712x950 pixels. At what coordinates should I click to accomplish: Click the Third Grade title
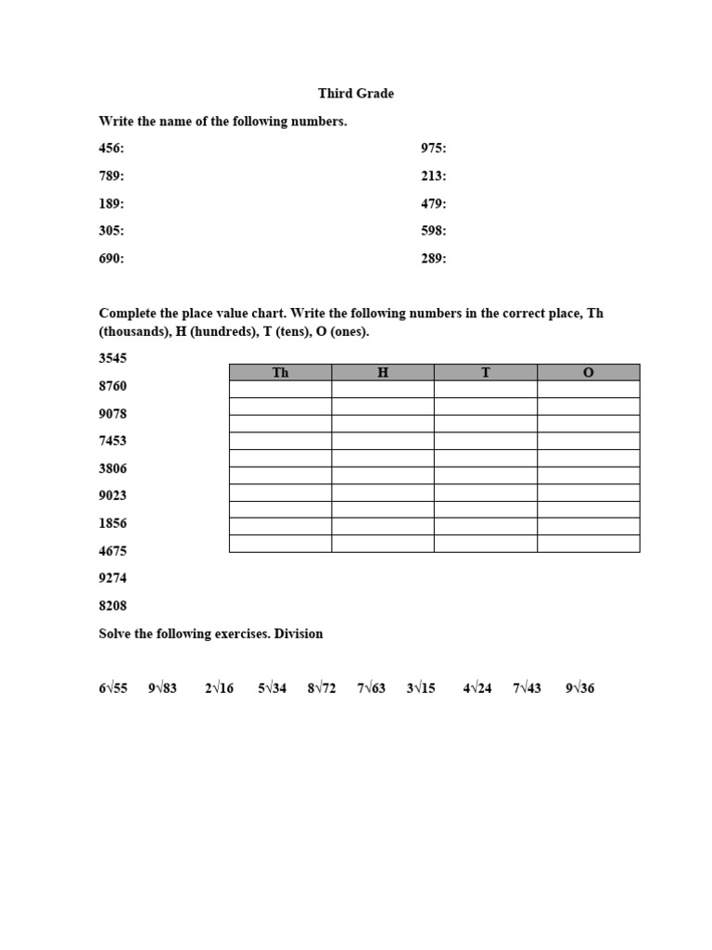(356, 94)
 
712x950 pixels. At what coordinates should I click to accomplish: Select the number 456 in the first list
(110, 148)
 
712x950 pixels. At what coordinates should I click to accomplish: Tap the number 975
(433, 148)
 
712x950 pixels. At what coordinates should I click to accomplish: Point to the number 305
(110, 231)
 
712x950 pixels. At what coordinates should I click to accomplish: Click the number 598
(433, 231)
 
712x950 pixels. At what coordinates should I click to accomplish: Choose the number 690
(110, 259)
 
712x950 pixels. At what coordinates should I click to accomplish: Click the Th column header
(280, 373)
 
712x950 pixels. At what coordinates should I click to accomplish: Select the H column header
(383, 373)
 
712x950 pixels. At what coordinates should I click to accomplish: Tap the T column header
(486, 373)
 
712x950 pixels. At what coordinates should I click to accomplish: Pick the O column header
(588, 373)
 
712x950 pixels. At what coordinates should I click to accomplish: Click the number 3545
(113, 358)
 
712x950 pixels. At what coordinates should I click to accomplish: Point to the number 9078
(113, 414)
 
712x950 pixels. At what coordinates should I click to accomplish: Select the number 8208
(113, 606)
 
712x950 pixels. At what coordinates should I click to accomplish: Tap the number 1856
(113, 523)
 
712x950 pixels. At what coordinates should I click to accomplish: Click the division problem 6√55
(113, 688)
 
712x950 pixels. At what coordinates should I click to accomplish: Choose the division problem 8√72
(322, 688)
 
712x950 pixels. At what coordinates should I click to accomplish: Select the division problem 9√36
(579, 688)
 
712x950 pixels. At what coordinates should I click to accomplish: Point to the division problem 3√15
(421, 688)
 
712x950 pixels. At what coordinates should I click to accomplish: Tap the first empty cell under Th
(280, 390)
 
